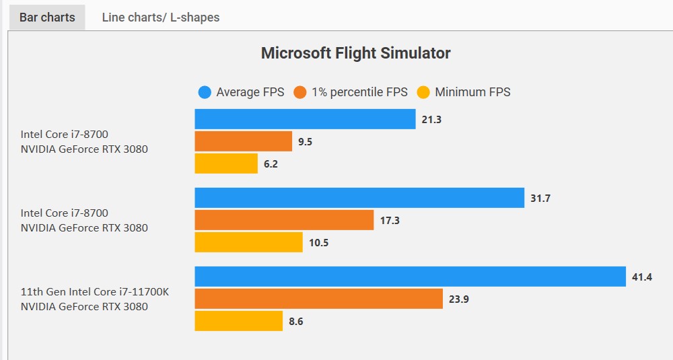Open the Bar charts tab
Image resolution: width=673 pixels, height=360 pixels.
47,17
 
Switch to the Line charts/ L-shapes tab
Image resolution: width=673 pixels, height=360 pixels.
160,17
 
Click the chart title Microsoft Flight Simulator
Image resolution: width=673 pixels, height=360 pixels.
355,53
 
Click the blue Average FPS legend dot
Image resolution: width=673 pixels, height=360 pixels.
205,92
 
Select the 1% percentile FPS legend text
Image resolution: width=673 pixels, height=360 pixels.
359,92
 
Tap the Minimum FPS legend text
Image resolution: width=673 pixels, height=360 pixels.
472,92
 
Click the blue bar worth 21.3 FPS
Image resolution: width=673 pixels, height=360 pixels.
305,119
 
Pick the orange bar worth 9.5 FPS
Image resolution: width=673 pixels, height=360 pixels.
244,141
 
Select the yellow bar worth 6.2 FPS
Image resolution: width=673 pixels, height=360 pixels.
226,164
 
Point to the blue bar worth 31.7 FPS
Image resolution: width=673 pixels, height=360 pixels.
359,198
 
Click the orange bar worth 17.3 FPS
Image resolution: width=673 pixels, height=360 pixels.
284,220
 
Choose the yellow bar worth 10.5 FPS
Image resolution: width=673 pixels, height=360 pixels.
248,242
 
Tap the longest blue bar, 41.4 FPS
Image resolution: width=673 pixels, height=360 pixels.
410,277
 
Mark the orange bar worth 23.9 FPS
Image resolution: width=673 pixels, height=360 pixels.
318,299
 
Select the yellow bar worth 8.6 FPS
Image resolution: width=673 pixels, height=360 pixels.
238,321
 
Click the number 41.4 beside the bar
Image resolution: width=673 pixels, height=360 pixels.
643,277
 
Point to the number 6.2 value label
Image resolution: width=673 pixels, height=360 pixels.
271,164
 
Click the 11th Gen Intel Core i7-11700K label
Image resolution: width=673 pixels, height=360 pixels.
94,292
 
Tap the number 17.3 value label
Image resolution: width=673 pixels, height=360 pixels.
390,221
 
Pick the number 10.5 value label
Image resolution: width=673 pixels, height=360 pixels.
318,243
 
